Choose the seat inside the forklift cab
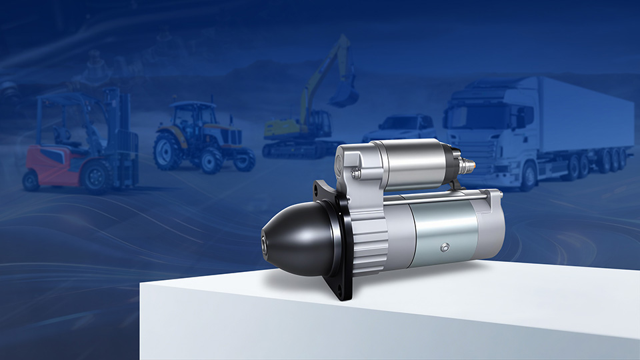[64, 137]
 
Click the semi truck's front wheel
[529, 175]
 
